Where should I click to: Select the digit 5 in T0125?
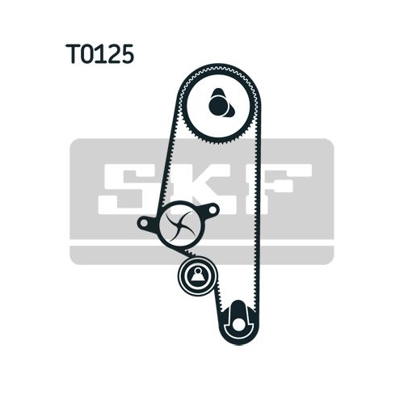click(x=126, y=54)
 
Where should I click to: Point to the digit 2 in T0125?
click(x=112, y=54)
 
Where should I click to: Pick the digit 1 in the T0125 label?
click(x=101, y=54)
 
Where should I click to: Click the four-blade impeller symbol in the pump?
click(x=180, y=225)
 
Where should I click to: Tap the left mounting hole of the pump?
click(x=145, y=223)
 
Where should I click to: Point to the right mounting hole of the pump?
click(x=213, y=209)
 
